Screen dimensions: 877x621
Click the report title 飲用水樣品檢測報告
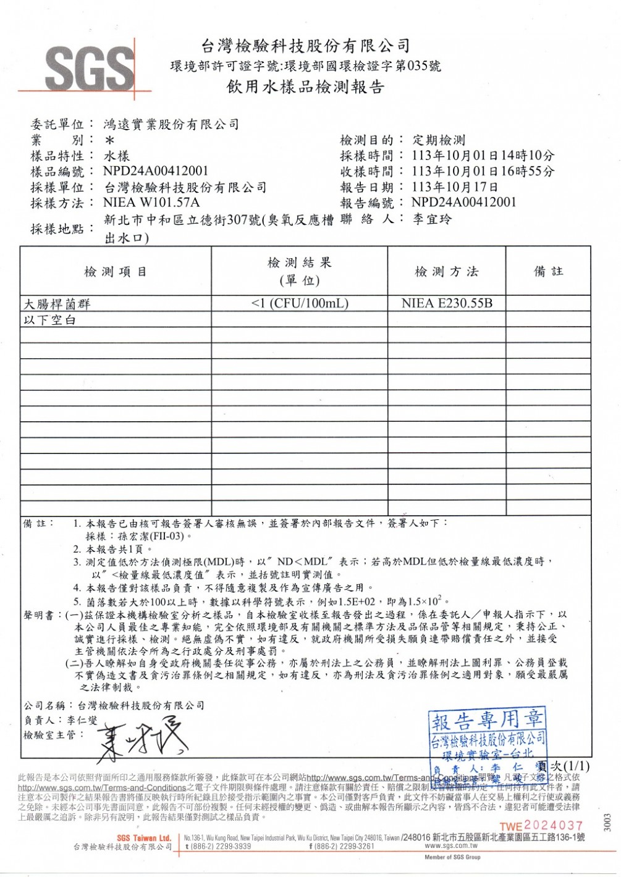pyautogui.click(x=305, y=87)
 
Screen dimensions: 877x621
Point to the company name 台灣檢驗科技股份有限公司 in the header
pyautogui.click(x=305, y=45)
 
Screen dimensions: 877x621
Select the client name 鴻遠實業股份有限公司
pyautogui.click(x=171, y=124)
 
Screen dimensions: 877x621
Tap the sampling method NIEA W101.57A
pyautogui.click(x=151, y=203)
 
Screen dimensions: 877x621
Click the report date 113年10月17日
pyautogui.click(x=455, y=187)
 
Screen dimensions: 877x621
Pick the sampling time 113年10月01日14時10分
pyautogui.click(x=483, y=155)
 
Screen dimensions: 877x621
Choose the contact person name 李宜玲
pyautogui.click(x=432, y=219)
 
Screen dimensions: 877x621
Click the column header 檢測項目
pyautogui.click(x=116, y=272)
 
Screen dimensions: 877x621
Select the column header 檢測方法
pyautogui.click(x=446, y=272)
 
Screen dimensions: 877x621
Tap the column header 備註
pyautogui.click(x=548, y=271)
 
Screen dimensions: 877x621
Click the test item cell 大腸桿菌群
pyautogui.click(x=57, y=304)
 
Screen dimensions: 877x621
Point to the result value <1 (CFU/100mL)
pyautogui.click(x=300, y=303)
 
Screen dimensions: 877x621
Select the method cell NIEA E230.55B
pyautogui.click(x=447, y=303)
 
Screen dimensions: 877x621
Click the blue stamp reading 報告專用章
pyautogui.click(x=488, y=737)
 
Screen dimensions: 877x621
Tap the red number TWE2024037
pyautogui.click(x=541, y=825)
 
